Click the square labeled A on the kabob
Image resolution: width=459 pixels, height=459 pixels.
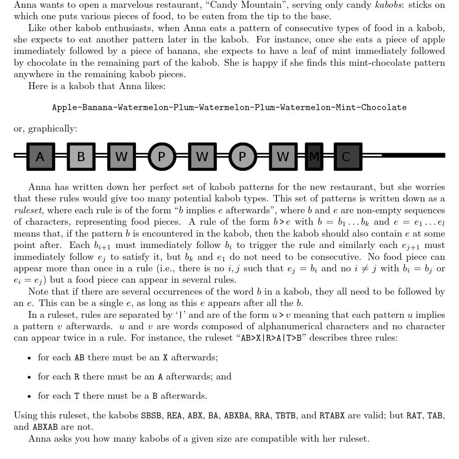[41, 157]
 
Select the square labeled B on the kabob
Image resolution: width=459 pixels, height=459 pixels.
[81, 157]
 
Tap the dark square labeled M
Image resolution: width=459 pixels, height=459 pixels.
[313, 157]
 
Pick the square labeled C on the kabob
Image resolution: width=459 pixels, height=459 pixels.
[348, 157]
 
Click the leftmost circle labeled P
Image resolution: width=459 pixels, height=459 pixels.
[162, 157]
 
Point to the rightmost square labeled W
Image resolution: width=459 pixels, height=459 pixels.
[283, 157]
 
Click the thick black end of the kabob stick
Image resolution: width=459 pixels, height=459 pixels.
[413, 155]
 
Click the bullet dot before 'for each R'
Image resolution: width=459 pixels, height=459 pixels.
[29, 377]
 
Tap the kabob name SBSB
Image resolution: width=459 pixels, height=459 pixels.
[151, 416]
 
